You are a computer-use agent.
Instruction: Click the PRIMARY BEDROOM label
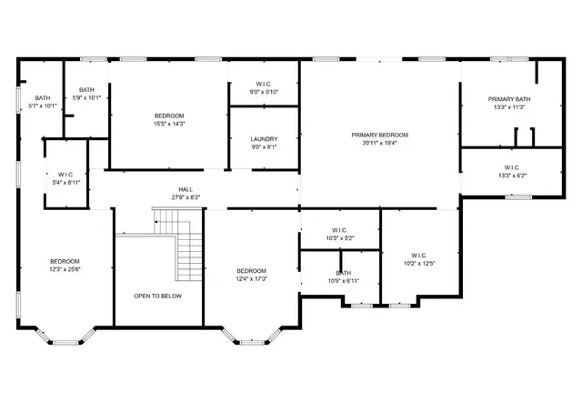380,135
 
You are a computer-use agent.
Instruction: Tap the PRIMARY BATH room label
509,99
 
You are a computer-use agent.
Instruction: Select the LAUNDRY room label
264,139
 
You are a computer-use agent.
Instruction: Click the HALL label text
185,190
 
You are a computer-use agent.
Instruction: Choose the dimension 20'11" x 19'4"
380,143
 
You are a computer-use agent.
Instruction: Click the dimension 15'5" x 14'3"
169,124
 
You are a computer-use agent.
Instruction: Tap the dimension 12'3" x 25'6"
65,269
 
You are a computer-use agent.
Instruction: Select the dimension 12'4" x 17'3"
252,278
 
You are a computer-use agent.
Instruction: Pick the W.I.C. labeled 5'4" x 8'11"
65,175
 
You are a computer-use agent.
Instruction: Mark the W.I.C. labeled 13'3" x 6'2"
511,167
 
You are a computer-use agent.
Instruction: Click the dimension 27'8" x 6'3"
185,197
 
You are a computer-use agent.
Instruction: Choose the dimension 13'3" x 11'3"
509,107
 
